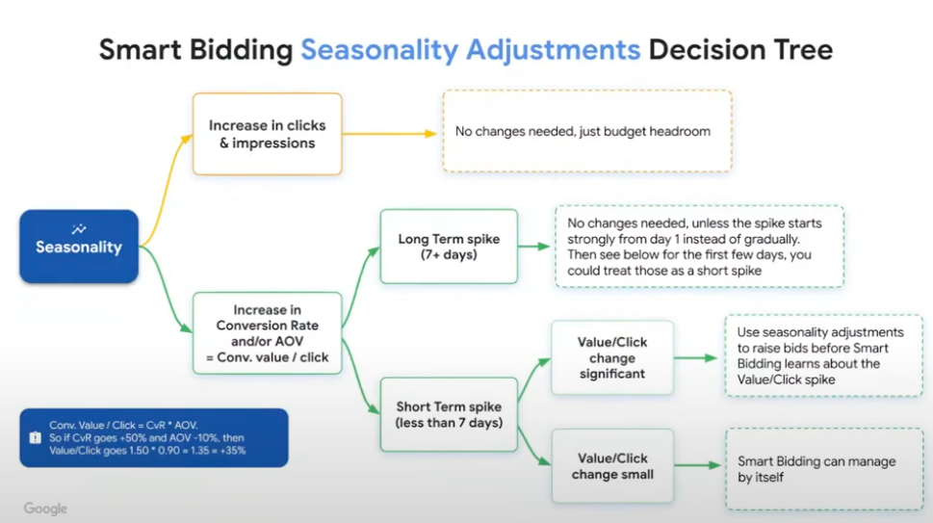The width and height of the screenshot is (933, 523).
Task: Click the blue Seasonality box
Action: click(79, 247)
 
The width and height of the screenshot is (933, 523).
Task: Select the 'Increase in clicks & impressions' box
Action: click(267, 134)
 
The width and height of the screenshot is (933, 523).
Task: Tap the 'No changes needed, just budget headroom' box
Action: click(586, 131)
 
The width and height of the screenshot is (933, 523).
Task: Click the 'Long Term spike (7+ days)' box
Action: click(449, 247)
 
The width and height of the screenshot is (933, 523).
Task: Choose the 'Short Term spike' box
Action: click(449, 415)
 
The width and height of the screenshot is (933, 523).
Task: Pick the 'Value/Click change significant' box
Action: click(612, 358)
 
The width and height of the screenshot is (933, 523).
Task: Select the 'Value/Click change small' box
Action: click(612, 466)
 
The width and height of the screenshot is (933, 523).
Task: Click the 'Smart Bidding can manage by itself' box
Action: click(823, 469)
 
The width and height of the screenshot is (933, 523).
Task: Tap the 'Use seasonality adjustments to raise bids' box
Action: click(823, 355)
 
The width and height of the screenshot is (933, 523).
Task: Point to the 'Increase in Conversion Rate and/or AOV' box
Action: click(267, 333)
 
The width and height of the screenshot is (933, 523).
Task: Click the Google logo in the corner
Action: click(45, 509)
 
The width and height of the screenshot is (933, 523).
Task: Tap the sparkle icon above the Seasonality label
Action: click(79, 229)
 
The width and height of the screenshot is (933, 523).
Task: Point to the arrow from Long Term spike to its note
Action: click(535, 247)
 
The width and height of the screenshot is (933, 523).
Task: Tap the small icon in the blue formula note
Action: click(35, 436)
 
